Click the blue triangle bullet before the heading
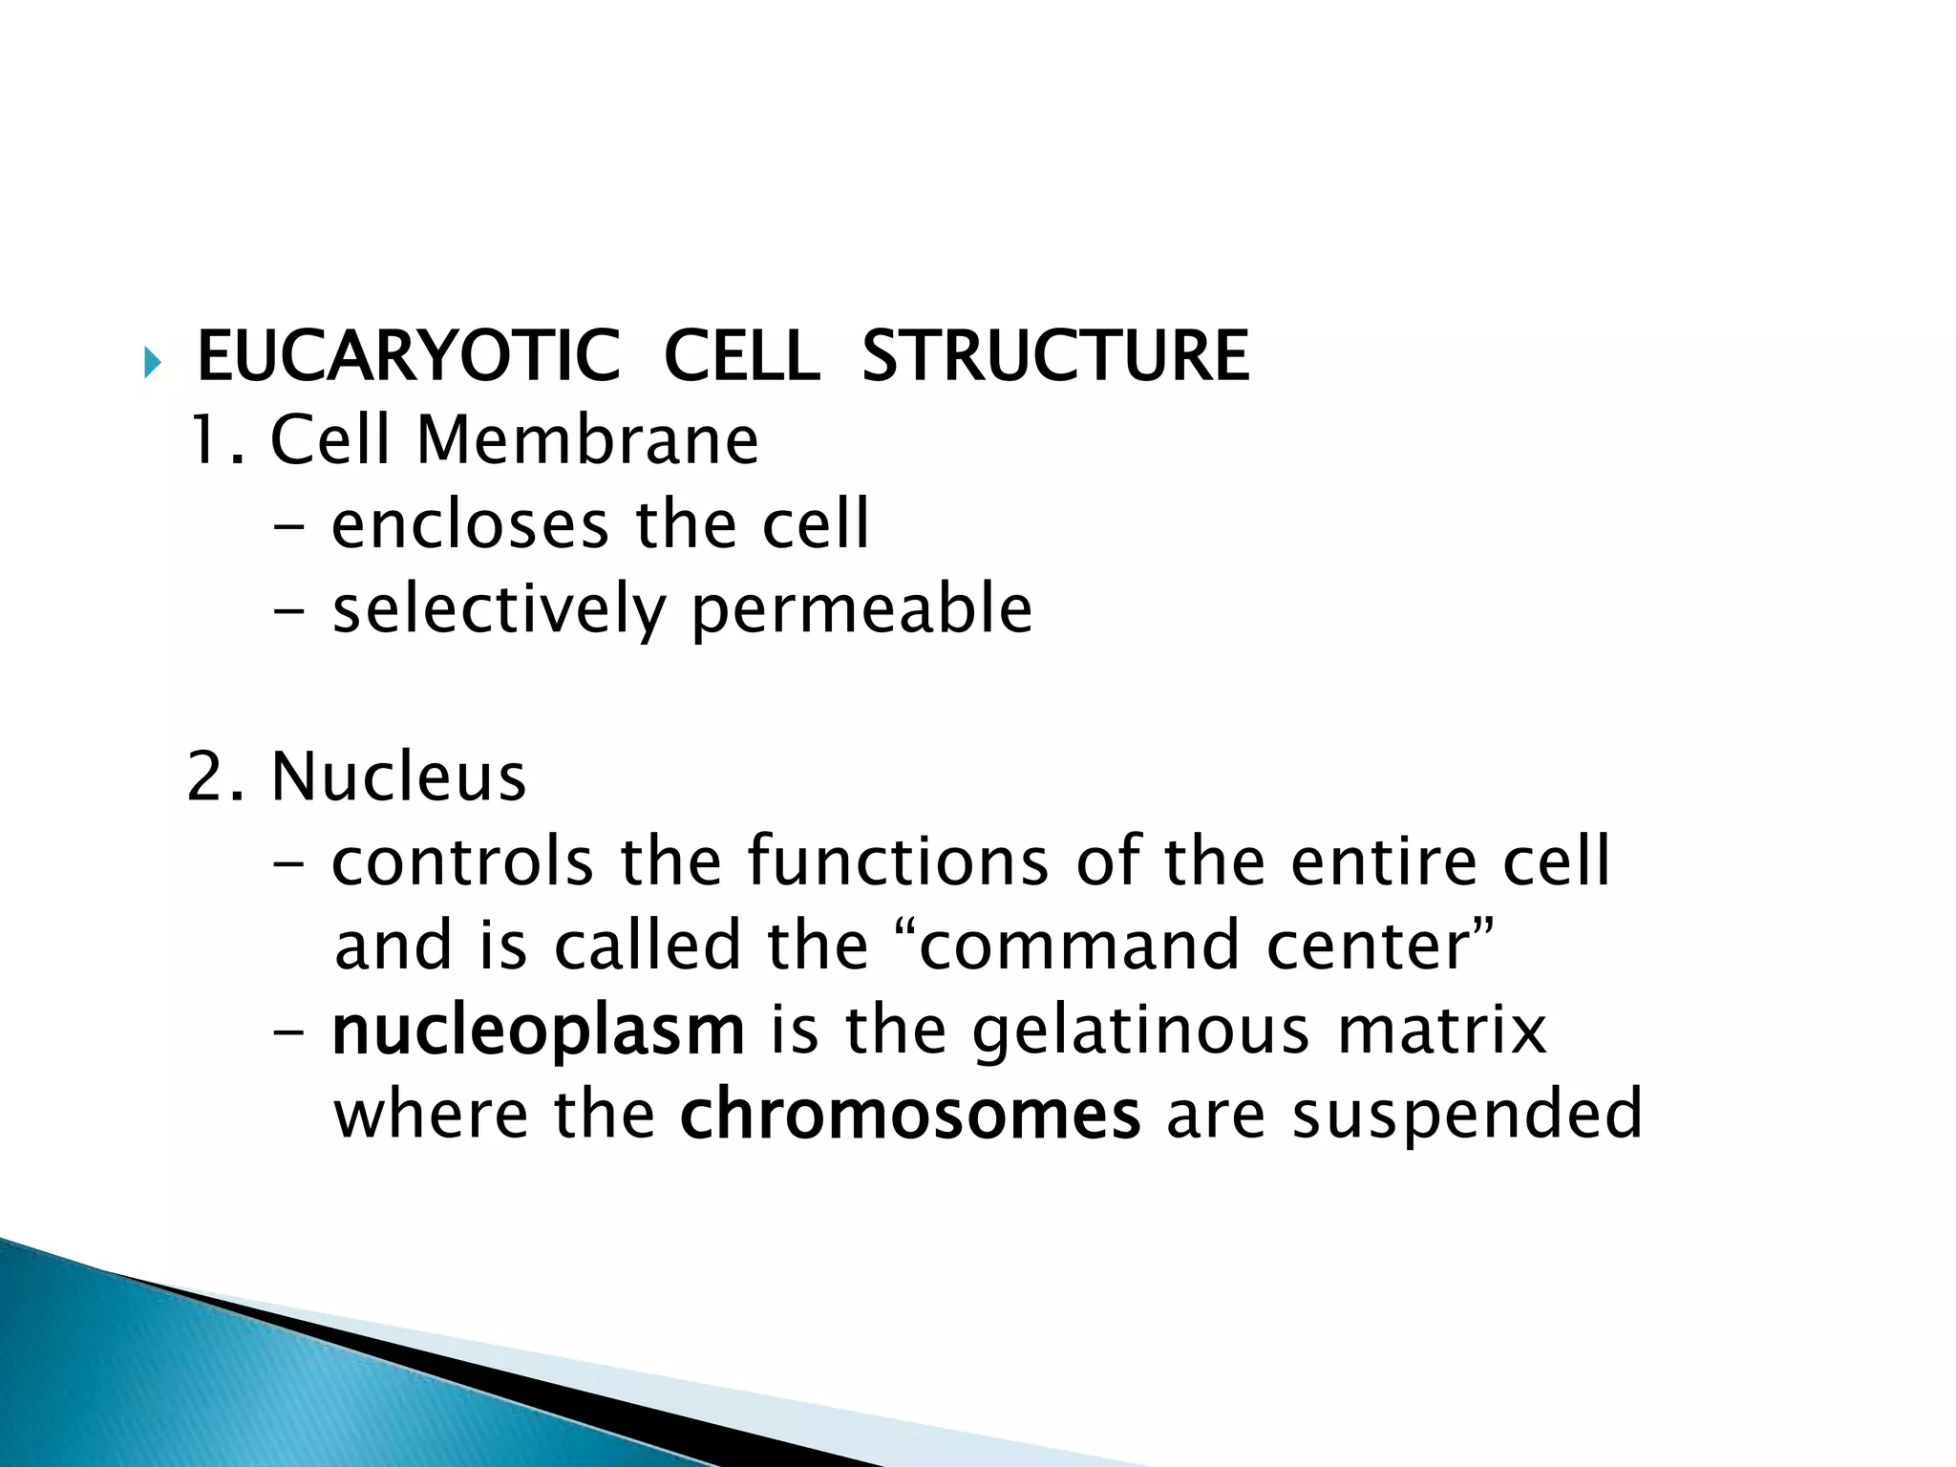pyautogui.click(x=152, y=362)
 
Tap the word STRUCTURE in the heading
pyautogui.click(x=1054, y=356)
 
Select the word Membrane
pyautogui.click(x=587, y=440)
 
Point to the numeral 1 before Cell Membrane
pyautogui.click(x=204, y=440)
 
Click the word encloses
pyautogui.click(x=469, y=524)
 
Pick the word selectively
pyautogui.click(x=498, y=610)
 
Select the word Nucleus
pyautogui.click(x=398, y=776)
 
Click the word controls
pyautogui.click(x=462, y=861)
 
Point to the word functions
pyautogui.click(x=898, y=861)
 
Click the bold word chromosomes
pyautogui.click(x=909, y=1115)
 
